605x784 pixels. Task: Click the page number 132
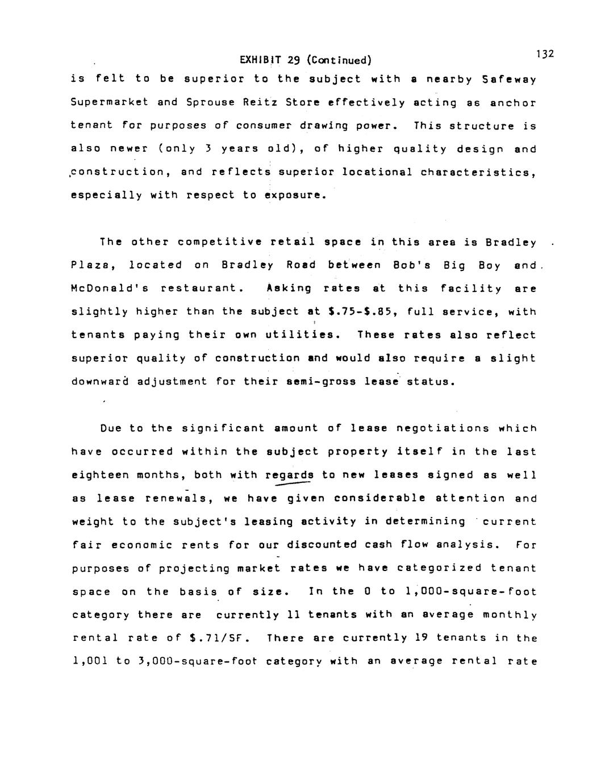pos(544,54)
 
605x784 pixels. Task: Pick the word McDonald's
pos(110,289)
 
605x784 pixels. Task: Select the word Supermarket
pos(110,103)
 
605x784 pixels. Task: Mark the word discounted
pos(322,545)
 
